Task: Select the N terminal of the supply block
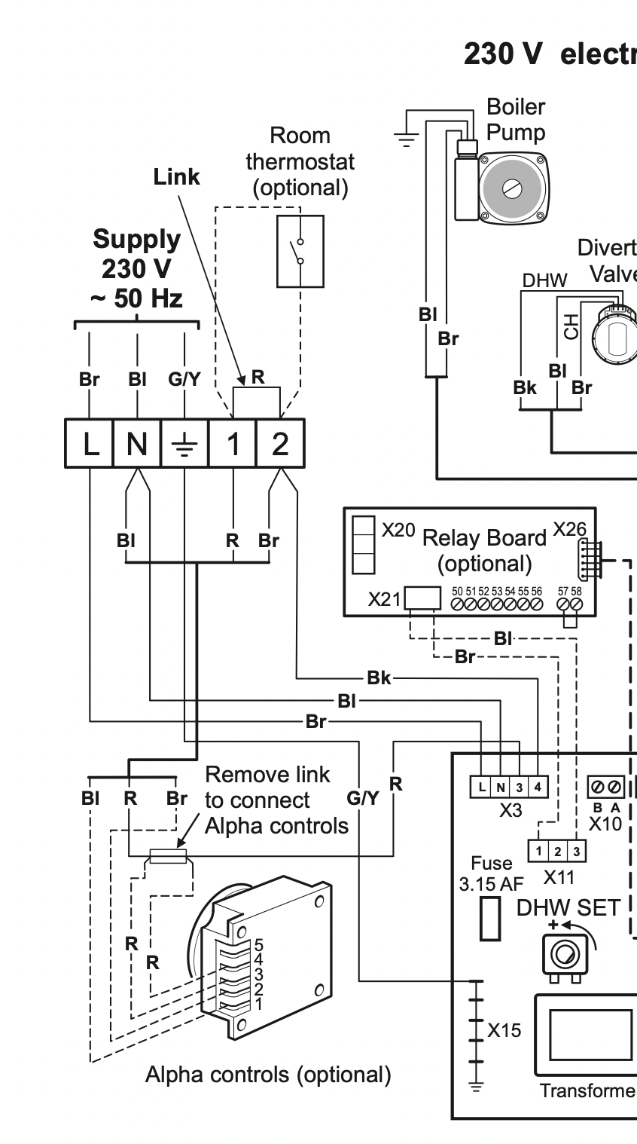[137, 444]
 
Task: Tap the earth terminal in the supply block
[184, 444]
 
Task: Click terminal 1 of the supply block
[233, 444]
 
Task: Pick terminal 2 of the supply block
[280, 444]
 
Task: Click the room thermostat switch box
[300, 251]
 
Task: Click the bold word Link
[177, 177]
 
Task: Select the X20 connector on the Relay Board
[364, 544]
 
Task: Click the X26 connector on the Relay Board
[590, 559]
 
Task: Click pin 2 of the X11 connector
[557, 851]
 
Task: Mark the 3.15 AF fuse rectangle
[491, 919]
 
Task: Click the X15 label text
[504, 1029]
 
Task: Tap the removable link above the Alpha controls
[167, 855]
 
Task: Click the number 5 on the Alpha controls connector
[258, 944]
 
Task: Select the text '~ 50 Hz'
[136, 298]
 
